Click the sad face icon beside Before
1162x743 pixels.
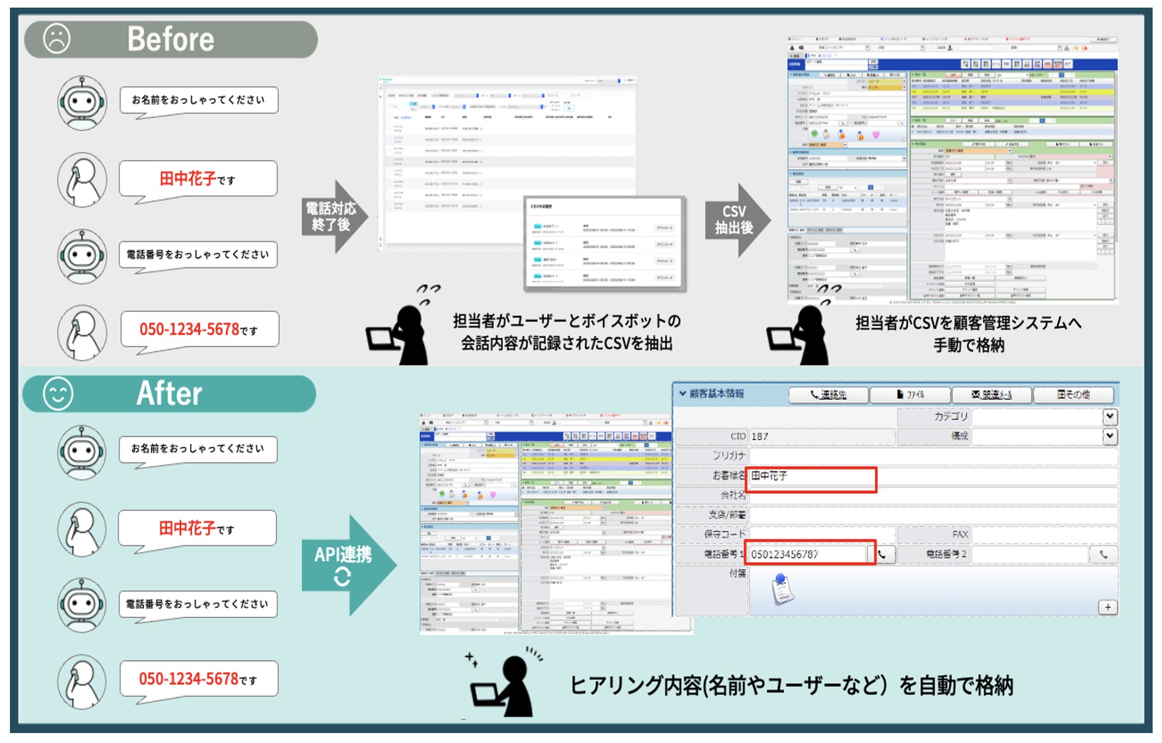[x=57, y=39]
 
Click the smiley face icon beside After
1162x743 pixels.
[x=58, y=394]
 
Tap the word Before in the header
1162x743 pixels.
[x=170, y=39]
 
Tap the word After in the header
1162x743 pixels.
[x=169, y=394]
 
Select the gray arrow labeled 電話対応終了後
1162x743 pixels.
[x=333, y=217]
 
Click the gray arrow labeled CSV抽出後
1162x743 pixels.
[x=737, y=220]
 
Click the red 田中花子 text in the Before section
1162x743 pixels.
[x=187, y=179]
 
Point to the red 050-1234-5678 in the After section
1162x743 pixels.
[x=188, y=679]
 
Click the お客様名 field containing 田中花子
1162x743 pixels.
[x=810, y=477]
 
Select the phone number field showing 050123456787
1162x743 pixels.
[x=807, y=555]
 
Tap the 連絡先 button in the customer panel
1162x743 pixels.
[x=828, y=394]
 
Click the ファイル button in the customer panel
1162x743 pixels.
[x=909, y=394]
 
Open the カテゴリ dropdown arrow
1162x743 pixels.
[x=1109, y=416]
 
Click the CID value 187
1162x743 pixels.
[x=760, y=437]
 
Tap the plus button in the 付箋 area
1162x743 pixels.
[x=1107, y=607]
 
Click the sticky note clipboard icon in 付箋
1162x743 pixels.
[x=782, y=589]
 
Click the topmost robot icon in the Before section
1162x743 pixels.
[x=82, y=102]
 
